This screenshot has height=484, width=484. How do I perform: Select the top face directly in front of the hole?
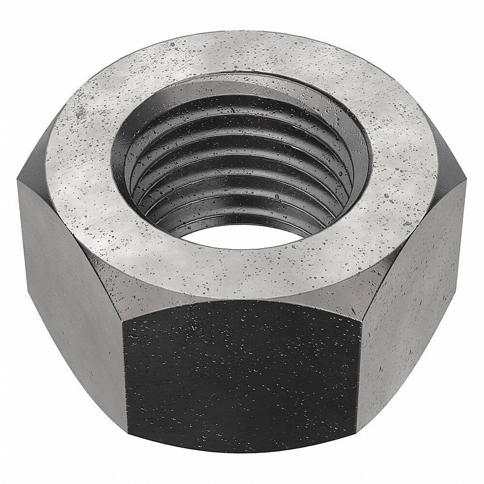242,271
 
